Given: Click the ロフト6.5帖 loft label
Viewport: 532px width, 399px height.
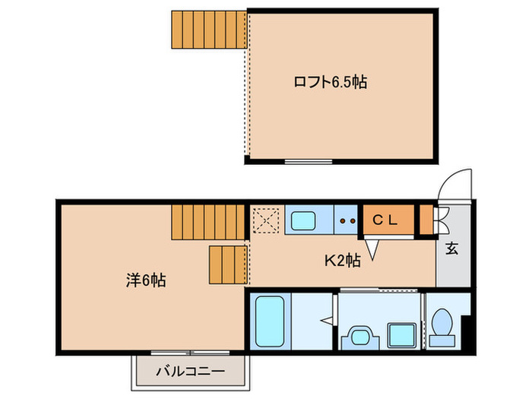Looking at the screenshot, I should point(329,81).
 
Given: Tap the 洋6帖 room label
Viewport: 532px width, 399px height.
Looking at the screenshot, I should point(145,280).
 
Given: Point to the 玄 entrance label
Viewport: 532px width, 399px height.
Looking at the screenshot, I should point(451,247).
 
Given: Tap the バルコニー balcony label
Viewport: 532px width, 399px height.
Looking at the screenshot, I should point(191,372).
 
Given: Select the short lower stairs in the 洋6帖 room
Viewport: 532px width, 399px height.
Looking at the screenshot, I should point(228,264).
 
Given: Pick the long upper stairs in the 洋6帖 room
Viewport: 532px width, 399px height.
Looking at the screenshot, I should point(209,223).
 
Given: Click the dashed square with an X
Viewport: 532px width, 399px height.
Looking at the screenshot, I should point(267,220).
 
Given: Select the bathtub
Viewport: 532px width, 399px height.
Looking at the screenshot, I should point(270,321).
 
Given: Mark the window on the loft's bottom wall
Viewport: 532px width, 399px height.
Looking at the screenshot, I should point(309,161).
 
